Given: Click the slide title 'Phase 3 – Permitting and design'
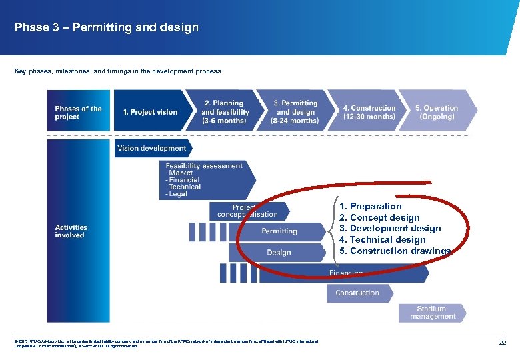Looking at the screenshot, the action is (107, 27).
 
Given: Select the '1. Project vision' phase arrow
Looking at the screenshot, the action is (151, 112).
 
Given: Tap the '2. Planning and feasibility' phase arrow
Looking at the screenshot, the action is (225, 112).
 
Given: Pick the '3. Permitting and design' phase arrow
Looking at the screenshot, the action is (295, 112).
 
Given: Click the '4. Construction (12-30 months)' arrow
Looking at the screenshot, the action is (369, 112).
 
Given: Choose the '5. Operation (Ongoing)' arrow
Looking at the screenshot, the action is (437, 112).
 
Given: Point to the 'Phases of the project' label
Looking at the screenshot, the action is (79, 113).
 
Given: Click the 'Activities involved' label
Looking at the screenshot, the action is (71, 231).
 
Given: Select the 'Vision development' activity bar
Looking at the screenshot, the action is (152, 148).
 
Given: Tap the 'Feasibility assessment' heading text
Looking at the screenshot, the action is (204, 165).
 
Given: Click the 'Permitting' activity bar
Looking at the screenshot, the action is (279, 231).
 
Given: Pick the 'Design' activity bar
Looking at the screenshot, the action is (279, 253).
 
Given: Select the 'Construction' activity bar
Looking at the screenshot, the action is (357, 293).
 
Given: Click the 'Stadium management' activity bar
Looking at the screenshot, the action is (431, 313).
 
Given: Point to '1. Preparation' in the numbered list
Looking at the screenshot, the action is (370, 206).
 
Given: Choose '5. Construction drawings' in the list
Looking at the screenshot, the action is (395, 251).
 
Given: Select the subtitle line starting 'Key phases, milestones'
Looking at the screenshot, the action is (117, 71).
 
